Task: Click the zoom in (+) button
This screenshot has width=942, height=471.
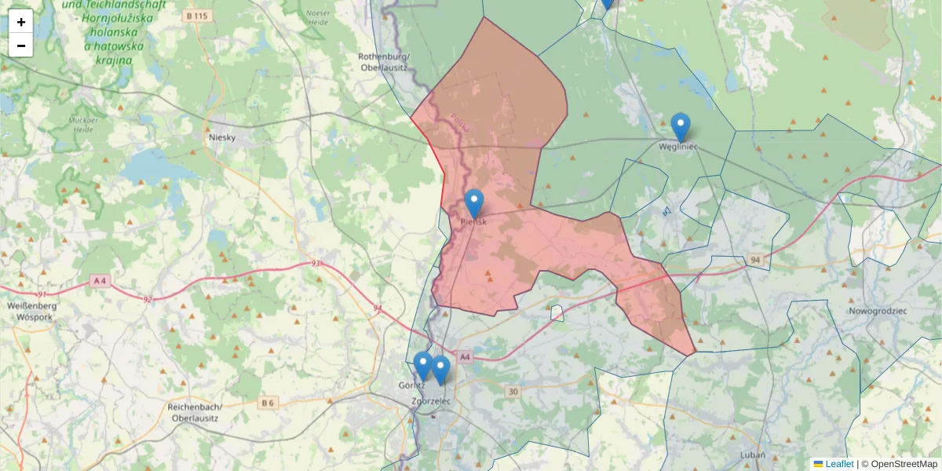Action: [21, 22]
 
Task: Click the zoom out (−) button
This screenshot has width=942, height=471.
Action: [21, 46]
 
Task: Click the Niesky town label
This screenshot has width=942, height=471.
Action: [222, 137]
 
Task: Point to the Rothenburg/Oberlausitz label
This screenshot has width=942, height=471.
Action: [384, 62]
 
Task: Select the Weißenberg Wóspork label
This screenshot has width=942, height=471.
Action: [29, 310]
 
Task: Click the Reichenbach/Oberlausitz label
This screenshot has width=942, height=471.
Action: [196, 412]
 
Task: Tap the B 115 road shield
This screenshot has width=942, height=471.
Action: [202, 16]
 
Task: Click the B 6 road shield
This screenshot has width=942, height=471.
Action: [268, 403]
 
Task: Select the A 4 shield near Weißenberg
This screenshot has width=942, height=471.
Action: [99, 280]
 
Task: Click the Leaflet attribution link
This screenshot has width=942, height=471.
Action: [838, 464]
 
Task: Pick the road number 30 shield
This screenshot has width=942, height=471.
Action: [513, 392]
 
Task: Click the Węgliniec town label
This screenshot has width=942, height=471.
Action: [679, 145]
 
